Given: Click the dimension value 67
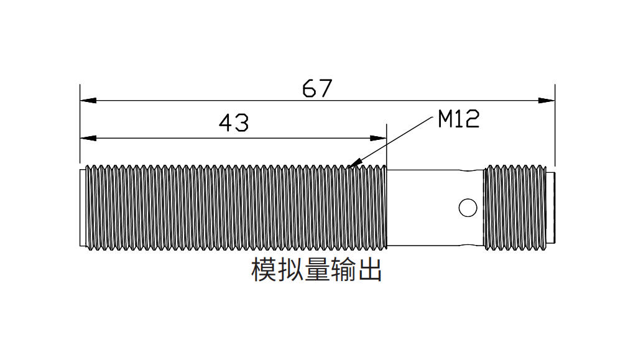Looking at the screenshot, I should [317, 89].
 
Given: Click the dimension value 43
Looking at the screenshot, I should [234, 123].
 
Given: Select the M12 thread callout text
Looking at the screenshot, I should [459, 119].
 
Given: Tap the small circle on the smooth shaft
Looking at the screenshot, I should [467, 208].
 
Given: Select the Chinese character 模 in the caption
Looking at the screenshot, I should [264, 270].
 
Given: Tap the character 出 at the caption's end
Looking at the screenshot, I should [369, 270].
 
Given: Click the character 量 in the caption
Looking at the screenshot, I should [316, 270].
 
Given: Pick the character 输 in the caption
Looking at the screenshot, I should [343, 270].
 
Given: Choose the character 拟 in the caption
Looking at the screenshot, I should [290, 270].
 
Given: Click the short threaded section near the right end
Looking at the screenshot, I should [514, 208].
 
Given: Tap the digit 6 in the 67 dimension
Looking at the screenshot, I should [310, 89].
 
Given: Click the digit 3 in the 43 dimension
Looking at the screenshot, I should [241, 123].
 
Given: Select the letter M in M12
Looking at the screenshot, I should [445, 119].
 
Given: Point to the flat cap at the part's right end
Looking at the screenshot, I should [550, 208].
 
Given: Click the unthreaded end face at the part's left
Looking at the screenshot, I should [82, 208].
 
